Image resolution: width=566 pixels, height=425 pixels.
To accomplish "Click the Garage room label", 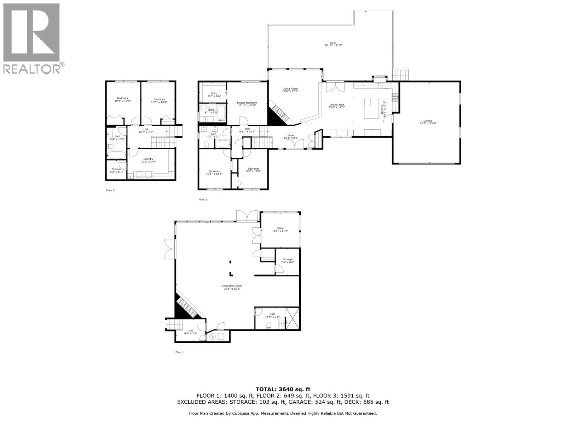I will coord(426,122).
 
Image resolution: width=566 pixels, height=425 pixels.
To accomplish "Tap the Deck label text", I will coord(333,44).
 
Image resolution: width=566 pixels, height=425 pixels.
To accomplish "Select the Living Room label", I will coord(290,90).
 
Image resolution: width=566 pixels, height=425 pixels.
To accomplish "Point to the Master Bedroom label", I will coord(247,104).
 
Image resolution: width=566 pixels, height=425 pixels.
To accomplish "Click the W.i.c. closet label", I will coord(214,95).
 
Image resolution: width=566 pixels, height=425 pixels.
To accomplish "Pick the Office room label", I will coord(280,229).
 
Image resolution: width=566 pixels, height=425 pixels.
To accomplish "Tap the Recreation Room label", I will coord(232,287).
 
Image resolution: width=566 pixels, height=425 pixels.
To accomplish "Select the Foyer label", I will coord(291,136).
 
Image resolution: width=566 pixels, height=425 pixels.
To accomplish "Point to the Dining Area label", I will coord(337,106).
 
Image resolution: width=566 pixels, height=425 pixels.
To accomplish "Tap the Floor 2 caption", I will coord(110,190).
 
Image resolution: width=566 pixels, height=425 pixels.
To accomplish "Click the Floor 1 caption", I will coord(180,352).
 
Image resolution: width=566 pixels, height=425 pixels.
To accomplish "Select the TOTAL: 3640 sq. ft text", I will coord(283,389).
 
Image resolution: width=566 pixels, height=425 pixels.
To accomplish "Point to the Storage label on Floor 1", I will coord(287,261).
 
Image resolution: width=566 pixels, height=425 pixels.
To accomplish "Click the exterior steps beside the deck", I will coord(401,75).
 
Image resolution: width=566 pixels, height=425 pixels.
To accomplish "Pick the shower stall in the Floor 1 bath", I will coord(292,319).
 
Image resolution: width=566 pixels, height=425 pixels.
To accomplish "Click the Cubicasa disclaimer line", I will coord(283,413).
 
